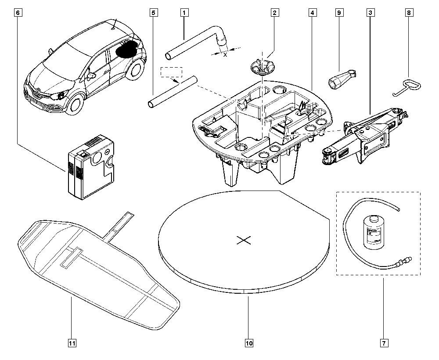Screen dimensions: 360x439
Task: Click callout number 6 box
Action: pyautogui.click(x=18, y=13)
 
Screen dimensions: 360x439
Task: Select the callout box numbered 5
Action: pyautogui.click(x=153, y=13)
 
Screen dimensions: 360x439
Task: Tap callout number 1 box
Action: pyautogui.click(x=184, y=13)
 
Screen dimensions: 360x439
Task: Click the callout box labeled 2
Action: pyautogui.click(x=274, y=13)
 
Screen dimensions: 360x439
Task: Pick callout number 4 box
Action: pyautogui.click(x=312, y=13)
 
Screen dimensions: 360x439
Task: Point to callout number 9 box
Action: pyautogui.click(x=338, y=13)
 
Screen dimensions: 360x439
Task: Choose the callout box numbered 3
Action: pyautogui.click(x=371, y=13)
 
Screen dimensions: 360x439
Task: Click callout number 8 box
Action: pyautogui.click(x=409, y=13)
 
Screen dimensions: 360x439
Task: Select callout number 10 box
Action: pyautogui.click(x=248, y=343)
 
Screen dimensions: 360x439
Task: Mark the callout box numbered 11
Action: pyautogui.click(x=70, y=343)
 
